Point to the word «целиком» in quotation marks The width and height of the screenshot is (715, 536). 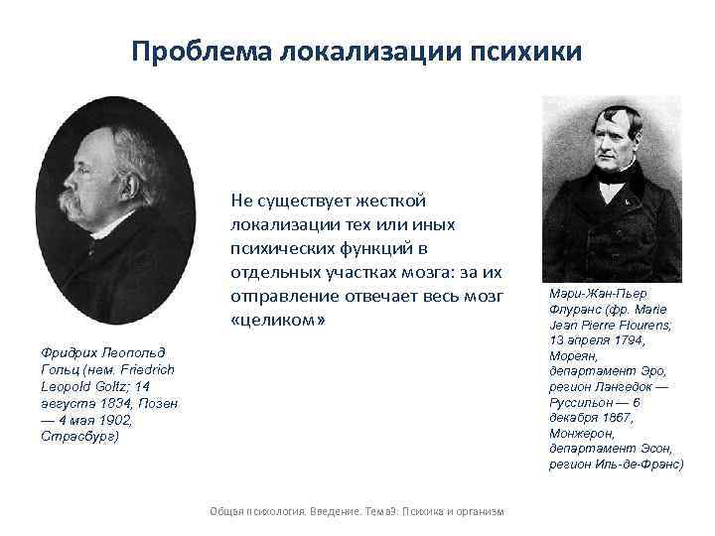(x=278, y=323)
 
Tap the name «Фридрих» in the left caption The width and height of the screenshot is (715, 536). (x=71, y=352)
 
